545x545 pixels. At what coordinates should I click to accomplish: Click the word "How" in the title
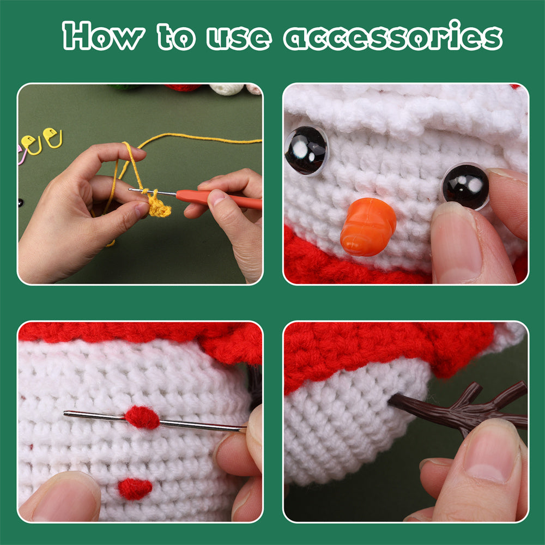[103, 37]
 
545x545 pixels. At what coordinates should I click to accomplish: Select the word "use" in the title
[238, 37]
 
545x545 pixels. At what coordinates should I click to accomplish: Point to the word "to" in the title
[177, 37]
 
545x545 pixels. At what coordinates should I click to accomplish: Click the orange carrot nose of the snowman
[368, 227]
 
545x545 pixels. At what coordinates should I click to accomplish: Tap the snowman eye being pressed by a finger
[465, 186]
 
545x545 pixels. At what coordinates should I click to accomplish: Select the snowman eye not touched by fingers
[306, 150]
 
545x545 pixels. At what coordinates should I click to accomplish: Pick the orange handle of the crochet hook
[218, 198]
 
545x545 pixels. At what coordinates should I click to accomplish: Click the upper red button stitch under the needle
[142, 417]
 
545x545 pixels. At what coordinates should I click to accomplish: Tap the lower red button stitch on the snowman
[135, 488]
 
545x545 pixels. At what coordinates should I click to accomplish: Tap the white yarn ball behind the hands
[227, 88]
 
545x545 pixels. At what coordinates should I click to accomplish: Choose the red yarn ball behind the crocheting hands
[183, 87]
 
